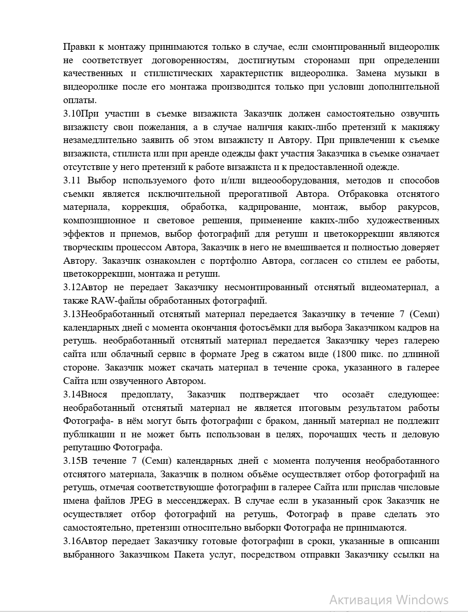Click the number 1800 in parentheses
pyautogui.click(x=344, y=354)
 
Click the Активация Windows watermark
pyautogui.click(x=389, y=600)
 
